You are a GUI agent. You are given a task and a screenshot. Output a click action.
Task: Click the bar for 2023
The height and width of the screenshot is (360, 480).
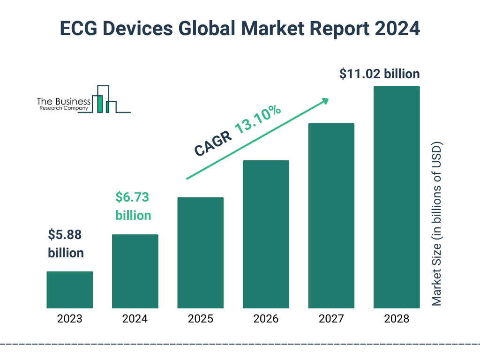pyautogui.click(x=69, y=290)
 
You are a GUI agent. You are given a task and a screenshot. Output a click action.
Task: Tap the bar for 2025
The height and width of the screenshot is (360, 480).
pyautogui.click(x=200, y=253)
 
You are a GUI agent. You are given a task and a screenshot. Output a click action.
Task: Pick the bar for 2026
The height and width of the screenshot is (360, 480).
pyautogui.click(x=266, y=234)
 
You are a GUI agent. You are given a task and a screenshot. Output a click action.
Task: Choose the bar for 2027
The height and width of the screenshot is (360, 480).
pyautogui.click(x=331, y=216)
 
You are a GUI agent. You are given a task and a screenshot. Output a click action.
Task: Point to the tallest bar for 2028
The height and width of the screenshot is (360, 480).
pyautogui.click(x=397, y=197)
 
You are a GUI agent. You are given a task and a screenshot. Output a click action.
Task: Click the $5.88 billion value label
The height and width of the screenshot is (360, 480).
pyautogui.click(x=66, y=244)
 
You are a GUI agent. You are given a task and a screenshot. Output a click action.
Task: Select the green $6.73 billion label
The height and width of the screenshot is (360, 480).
pyautogui.click(x=133, y=206)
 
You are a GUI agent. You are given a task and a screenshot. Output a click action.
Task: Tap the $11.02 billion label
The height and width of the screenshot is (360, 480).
pyautogui.click(x=380, y=74)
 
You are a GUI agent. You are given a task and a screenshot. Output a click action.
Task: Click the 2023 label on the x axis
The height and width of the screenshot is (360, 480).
pyautogui.click(x=69, y=319)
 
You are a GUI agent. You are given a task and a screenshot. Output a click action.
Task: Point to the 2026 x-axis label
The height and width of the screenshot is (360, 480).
pyautogui.click(x=266, y=319)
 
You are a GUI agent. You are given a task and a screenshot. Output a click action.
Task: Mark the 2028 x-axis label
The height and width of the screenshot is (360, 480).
pyautogui.click(x=397, y=319)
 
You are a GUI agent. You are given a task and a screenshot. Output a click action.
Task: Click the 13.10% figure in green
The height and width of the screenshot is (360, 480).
pyautogui.click(x=258, y=119)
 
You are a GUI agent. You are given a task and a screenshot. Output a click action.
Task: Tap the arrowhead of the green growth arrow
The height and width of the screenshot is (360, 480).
pyautogui.click(x=324, y=101)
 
